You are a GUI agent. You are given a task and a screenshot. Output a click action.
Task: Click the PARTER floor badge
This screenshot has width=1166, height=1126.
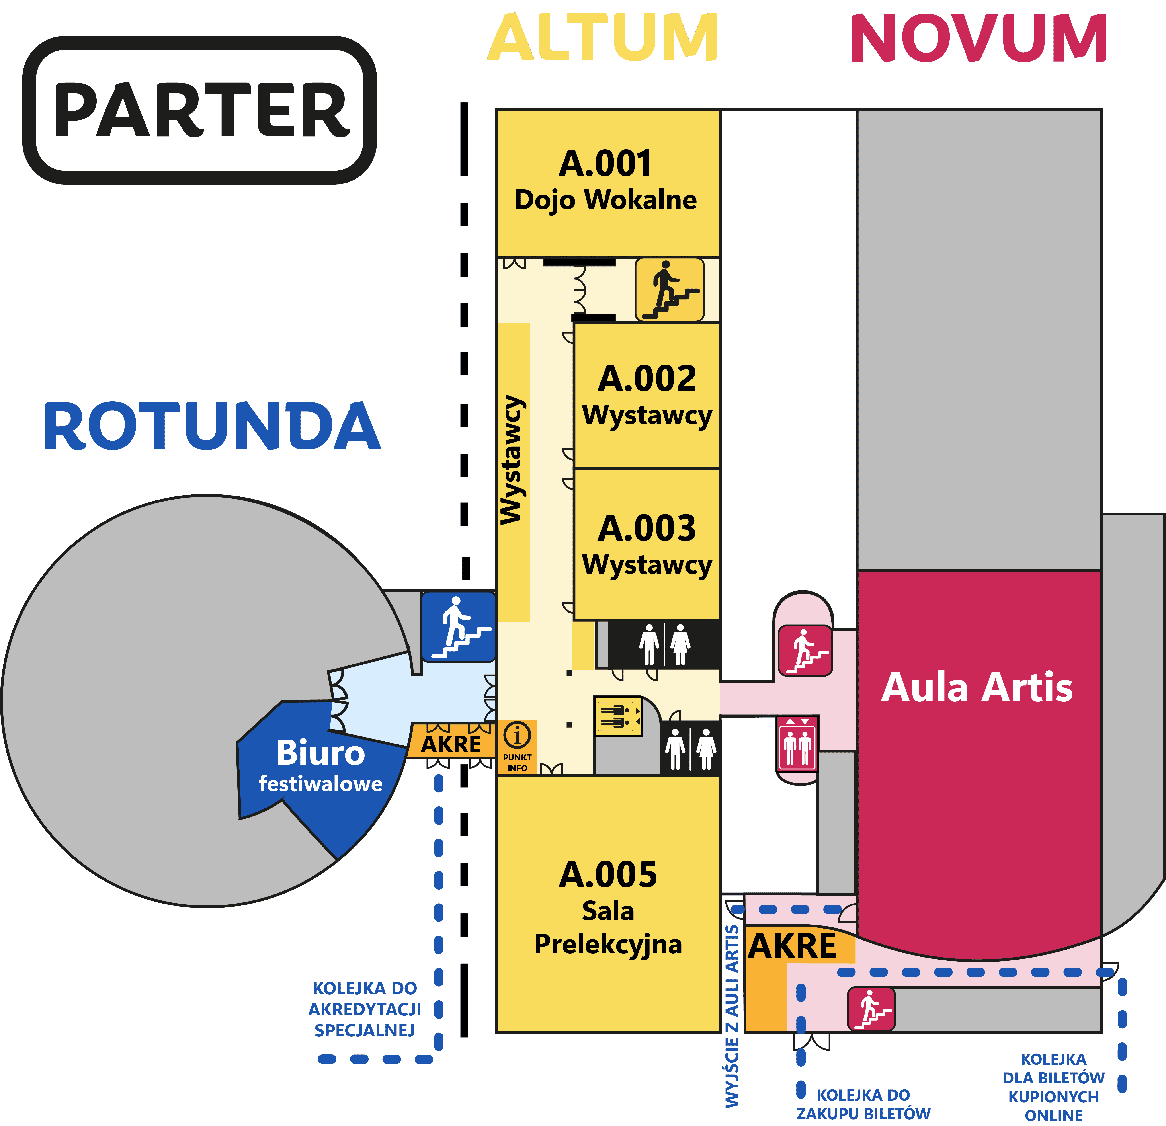pyautogui.click(x=200, y=110)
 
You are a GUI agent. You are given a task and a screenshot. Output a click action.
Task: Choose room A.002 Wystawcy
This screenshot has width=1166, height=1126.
pyautogui.click(x=647, y=396)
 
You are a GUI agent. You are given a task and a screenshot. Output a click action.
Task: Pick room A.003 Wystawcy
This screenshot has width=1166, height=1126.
pyautogui.click(x=647, y=544)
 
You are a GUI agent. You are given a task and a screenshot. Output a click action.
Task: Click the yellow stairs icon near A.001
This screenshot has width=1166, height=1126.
pyautogui.click(x=669, y=290)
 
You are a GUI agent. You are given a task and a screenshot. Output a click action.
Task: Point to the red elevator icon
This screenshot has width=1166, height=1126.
pyautogui.click(x=797, y=744)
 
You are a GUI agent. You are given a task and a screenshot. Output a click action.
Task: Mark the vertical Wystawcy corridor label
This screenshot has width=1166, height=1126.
pyautogui.click(x=512, y=460)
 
